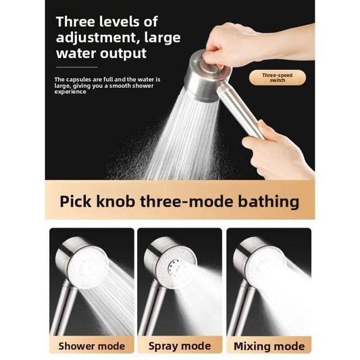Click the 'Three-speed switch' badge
[278, 78]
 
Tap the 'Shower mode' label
[92, 346]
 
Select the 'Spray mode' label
[180, 346]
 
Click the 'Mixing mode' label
[269, 346]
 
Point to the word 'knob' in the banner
[115, 201]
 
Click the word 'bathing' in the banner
[268, 202]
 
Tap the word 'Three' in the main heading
[76, 22]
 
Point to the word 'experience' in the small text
[70, 92]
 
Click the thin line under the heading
[77, 68]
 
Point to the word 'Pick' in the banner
[75, 201]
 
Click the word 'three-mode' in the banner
[186, 201]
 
